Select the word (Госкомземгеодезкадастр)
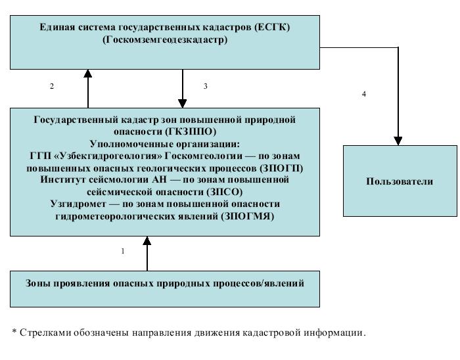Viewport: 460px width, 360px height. click(165, 39)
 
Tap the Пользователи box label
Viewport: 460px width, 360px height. click(400, 181)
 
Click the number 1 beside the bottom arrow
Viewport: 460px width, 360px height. click(123, 251)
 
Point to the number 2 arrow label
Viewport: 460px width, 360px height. click(51, 86)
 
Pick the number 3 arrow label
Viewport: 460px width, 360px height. click(206, 86)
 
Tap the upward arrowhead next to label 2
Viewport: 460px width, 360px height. click(87, 75)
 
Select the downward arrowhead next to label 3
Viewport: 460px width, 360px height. click(183, 102)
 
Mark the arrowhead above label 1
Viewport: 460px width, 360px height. click(147, 240)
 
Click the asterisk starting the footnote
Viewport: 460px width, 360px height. click(14, 332)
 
